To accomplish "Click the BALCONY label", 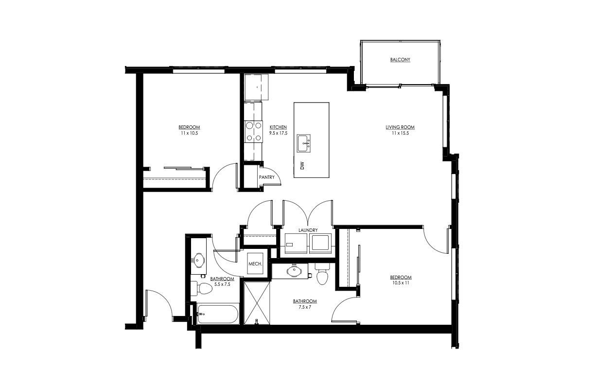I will (x=400, y=60).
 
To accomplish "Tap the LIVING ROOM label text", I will (x=400, y=127).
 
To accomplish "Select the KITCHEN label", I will (x=278, y=127).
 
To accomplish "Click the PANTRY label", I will (x=266, y=177).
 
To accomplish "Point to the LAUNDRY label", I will (x=308, y=230).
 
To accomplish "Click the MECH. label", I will (x=255, y=264).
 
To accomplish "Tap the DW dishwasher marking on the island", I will (x=302, y=165).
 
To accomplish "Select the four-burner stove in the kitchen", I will (x=253, y=131).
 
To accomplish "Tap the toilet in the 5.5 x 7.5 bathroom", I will (x=202, y=289).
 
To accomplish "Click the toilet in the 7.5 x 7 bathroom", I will (x=322, y=276).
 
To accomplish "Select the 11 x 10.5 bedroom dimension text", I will (x=189, y=133).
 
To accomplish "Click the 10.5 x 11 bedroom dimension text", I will (x=401, y=283).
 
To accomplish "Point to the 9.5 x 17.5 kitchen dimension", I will (x=278, y=133).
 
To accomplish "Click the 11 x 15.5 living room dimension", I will (x=400, y=133).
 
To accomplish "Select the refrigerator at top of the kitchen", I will (x=256, y=87).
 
